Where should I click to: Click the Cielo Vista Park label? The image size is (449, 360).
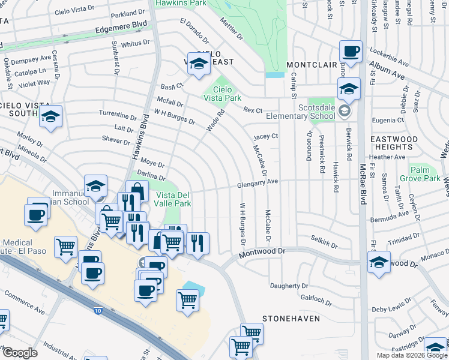(222, 92)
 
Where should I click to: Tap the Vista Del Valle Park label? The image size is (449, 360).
(173, 199)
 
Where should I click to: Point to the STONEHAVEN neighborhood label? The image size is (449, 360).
(291, 319)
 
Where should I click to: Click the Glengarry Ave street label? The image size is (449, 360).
(258, 182)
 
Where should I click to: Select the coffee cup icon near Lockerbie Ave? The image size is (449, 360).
(351, 52)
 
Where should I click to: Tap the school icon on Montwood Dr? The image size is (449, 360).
(379, 263)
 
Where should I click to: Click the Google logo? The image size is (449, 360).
(20, 353)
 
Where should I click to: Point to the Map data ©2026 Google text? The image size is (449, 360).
(412, 355)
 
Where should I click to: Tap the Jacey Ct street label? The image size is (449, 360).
(265, 136)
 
